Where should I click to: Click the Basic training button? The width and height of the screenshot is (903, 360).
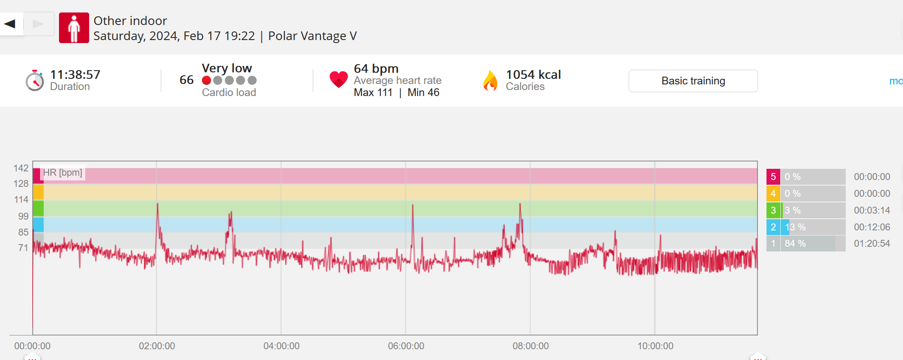click(x=693, y=81)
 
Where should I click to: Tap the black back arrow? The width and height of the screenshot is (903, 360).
click(x=10, y=24)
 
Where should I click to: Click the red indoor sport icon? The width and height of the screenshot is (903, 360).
click(x=74, y=28)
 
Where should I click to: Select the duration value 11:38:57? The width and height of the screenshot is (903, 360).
click(x=75, y=74)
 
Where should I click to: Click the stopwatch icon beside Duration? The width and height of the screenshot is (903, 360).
click(x=34, y=81)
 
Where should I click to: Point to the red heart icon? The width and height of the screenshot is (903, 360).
click(x=338, y=79)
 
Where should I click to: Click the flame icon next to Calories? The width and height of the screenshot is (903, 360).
click(x=490, y=81)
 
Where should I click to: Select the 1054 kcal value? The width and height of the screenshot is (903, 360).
click(x=533, y=74)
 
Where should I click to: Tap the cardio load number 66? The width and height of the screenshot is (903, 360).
click(x=186, y=80)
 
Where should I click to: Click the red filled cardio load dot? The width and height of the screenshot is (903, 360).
click(x=207, y=81)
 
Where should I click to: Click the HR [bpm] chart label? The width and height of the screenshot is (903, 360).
click(x=62, y=173)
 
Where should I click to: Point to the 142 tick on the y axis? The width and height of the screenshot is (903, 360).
click(x=21, y=168)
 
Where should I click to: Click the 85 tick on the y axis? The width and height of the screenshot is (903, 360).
click(x=23, y=232)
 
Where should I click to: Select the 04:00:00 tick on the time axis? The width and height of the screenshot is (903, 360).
click(x=282, y=346)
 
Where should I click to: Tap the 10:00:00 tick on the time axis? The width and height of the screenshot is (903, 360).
click(x=655, y=346)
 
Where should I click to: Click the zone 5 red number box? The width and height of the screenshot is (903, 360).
click(x=773, y=177)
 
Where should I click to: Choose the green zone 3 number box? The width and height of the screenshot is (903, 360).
click(x=773, y=210)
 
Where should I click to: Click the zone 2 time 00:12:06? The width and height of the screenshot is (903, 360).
click(x=872, y=227)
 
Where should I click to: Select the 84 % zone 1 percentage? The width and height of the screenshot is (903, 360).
click(x=795, y=243)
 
